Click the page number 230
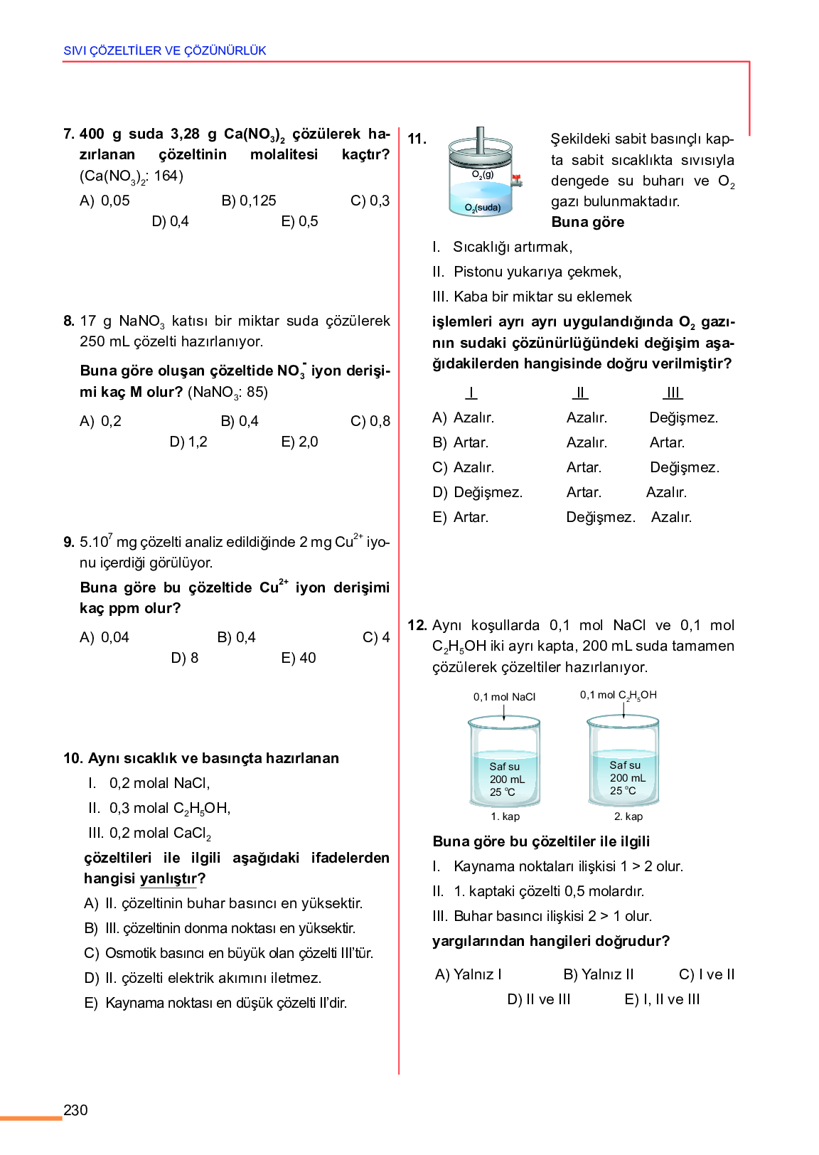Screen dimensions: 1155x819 [75, 1110]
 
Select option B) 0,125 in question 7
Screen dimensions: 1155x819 [248, 201]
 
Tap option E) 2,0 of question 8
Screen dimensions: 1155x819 [299, 442]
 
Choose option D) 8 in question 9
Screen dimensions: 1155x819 [184, 658]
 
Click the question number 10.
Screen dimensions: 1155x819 [73, 758]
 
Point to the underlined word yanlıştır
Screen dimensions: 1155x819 [168, 879]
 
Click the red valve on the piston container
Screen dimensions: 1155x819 [517, 179]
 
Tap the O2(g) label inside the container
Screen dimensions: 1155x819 [483, 174]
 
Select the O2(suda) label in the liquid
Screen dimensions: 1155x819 [483, 208]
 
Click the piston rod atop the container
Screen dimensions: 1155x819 [481, 139]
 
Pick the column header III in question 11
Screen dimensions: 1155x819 [673, 393]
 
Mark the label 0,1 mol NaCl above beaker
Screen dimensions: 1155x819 [504, 697]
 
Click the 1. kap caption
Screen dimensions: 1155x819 [505, 816]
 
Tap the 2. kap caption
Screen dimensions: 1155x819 [628, 816]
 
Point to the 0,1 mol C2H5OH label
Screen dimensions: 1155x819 [618, 695]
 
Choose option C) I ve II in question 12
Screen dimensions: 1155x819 [707, 974]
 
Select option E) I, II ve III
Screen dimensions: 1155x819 [662, 999]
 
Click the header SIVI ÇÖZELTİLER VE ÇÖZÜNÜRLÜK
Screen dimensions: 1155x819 [165, 50]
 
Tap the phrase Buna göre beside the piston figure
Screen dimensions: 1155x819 [588, 222]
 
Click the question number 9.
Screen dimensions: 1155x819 [69, 542]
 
